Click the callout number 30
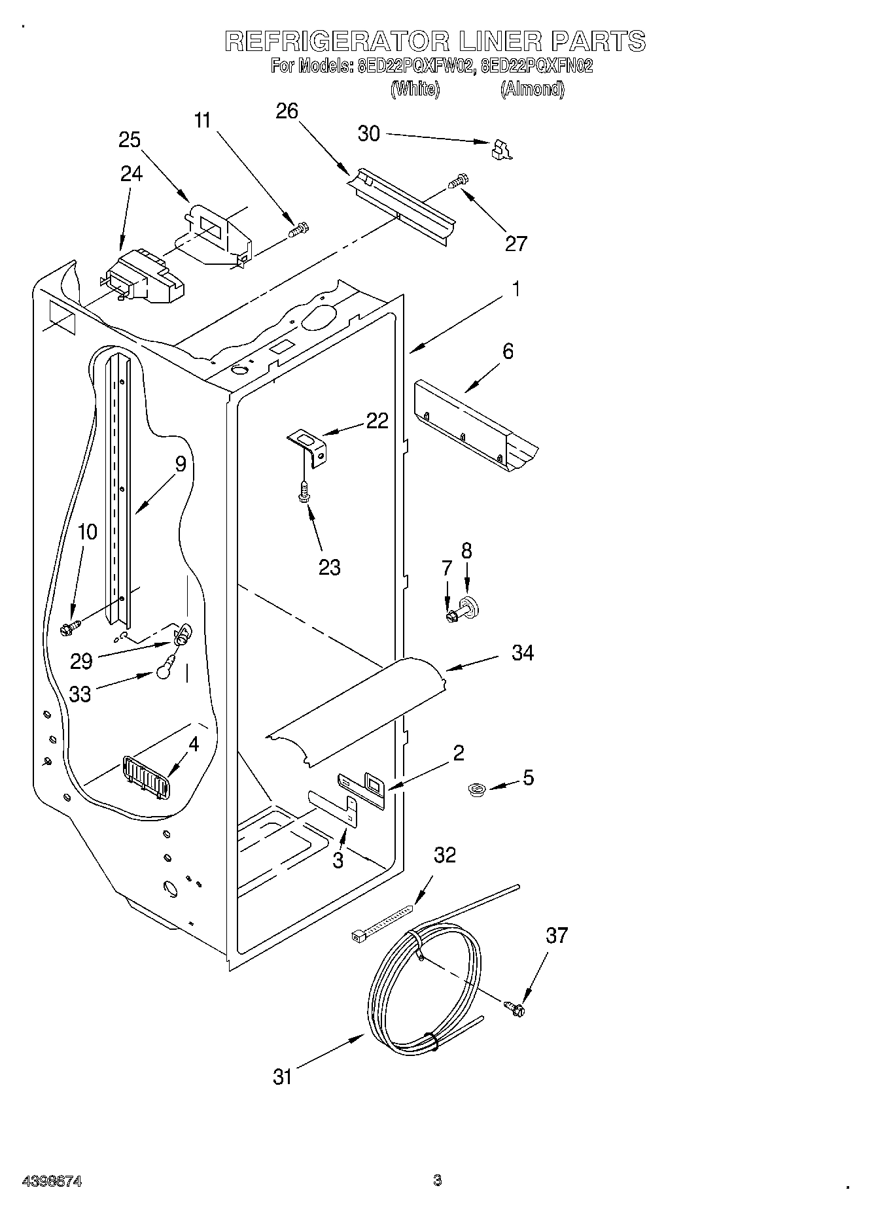(369, 133)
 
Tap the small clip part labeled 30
(501, 150)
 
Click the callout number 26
(287, 111)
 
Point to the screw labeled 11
(298, 230)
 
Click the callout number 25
(130, 139)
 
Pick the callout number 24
(131, 174)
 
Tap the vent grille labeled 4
(145, 776)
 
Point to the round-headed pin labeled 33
(165, 670)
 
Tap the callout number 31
(283, 1076)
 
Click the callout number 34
(523, 653)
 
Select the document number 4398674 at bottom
(52, 1181)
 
